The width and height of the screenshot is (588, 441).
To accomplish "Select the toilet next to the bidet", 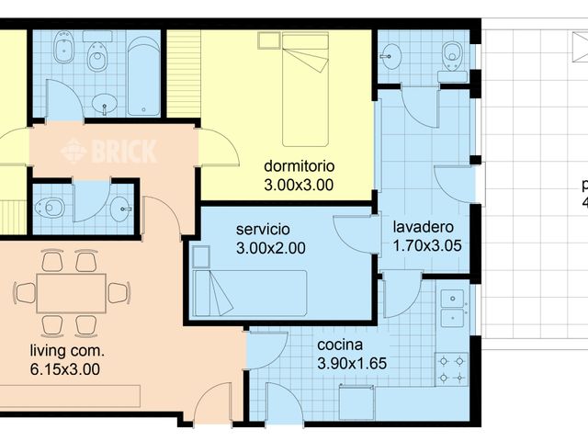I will (96, 58).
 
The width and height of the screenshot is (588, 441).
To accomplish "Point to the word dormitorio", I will (299, 167).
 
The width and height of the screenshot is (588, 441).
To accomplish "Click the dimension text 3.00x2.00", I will (270, 247).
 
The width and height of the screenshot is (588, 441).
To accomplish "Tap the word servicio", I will (263, 229).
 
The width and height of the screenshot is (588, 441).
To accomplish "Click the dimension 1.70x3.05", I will (427, 246).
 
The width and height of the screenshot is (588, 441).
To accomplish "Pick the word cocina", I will (340, 345).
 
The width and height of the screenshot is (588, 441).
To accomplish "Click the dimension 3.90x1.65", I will (352, 364).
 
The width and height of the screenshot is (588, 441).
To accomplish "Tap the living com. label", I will (67, 351).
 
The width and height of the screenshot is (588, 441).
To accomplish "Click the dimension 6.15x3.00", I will (64, 370).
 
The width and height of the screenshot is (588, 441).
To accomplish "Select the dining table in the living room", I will (72, 293).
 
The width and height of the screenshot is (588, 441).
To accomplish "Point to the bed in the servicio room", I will (249, 292).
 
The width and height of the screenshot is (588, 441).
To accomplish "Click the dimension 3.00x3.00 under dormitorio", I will (299, 185).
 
